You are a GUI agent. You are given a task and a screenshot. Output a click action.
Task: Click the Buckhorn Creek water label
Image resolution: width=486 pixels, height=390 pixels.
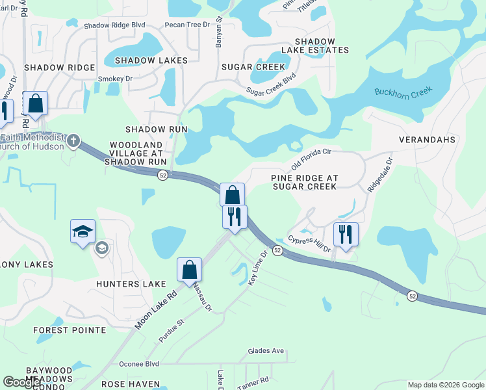[403, 92]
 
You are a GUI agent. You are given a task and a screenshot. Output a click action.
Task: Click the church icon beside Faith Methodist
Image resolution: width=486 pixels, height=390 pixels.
[74, 140]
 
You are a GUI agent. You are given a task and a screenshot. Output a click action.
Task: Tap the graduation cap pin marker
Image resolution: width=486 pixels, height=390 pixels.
[83, 232]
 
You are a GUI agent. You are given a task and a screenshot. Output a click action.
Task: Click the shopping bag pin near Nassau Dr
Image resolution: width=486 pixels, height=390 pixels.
[189, 270]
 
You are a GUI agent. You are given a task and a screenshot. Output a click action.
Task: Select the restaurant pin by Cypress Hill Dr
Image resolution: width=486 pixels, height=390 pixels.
[346, 235]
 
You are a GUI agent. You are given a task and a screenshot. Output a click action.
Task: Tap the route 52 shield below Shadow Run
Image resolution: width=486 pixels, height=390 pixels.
[163, 175]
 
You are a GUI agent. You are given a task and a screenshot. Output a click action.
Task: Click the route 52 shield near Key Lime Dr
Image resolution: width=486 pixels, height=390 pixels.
[277, 250]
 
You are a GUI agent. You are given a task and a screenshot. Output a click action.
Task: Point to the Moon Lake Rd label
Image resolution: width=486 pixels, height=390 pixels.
[156, 309]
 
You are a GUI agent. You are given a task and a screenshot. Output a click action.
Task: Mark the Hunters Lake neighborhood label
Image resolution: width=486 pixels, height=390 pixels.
[127, 284]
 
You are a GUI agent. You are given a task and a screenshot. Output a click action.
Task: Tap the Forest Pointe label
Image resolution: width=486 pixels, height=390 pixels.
[70, 330]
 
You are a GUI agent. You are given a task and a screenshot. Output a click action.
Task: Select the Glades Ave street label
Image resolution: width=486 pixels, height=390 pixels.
[266, 351]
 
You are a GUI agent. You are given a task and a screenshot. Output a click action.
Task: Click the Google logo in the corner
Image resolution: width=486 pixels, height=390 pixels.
[22, 382]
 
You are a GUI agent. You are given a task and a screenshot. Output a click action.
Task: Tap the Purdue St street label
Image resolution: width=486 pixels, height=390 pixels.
[172, 330]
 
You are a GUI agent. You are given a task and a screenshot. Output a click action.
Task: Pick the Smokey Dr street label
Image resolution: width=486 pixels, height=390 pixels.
[115, 79]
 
